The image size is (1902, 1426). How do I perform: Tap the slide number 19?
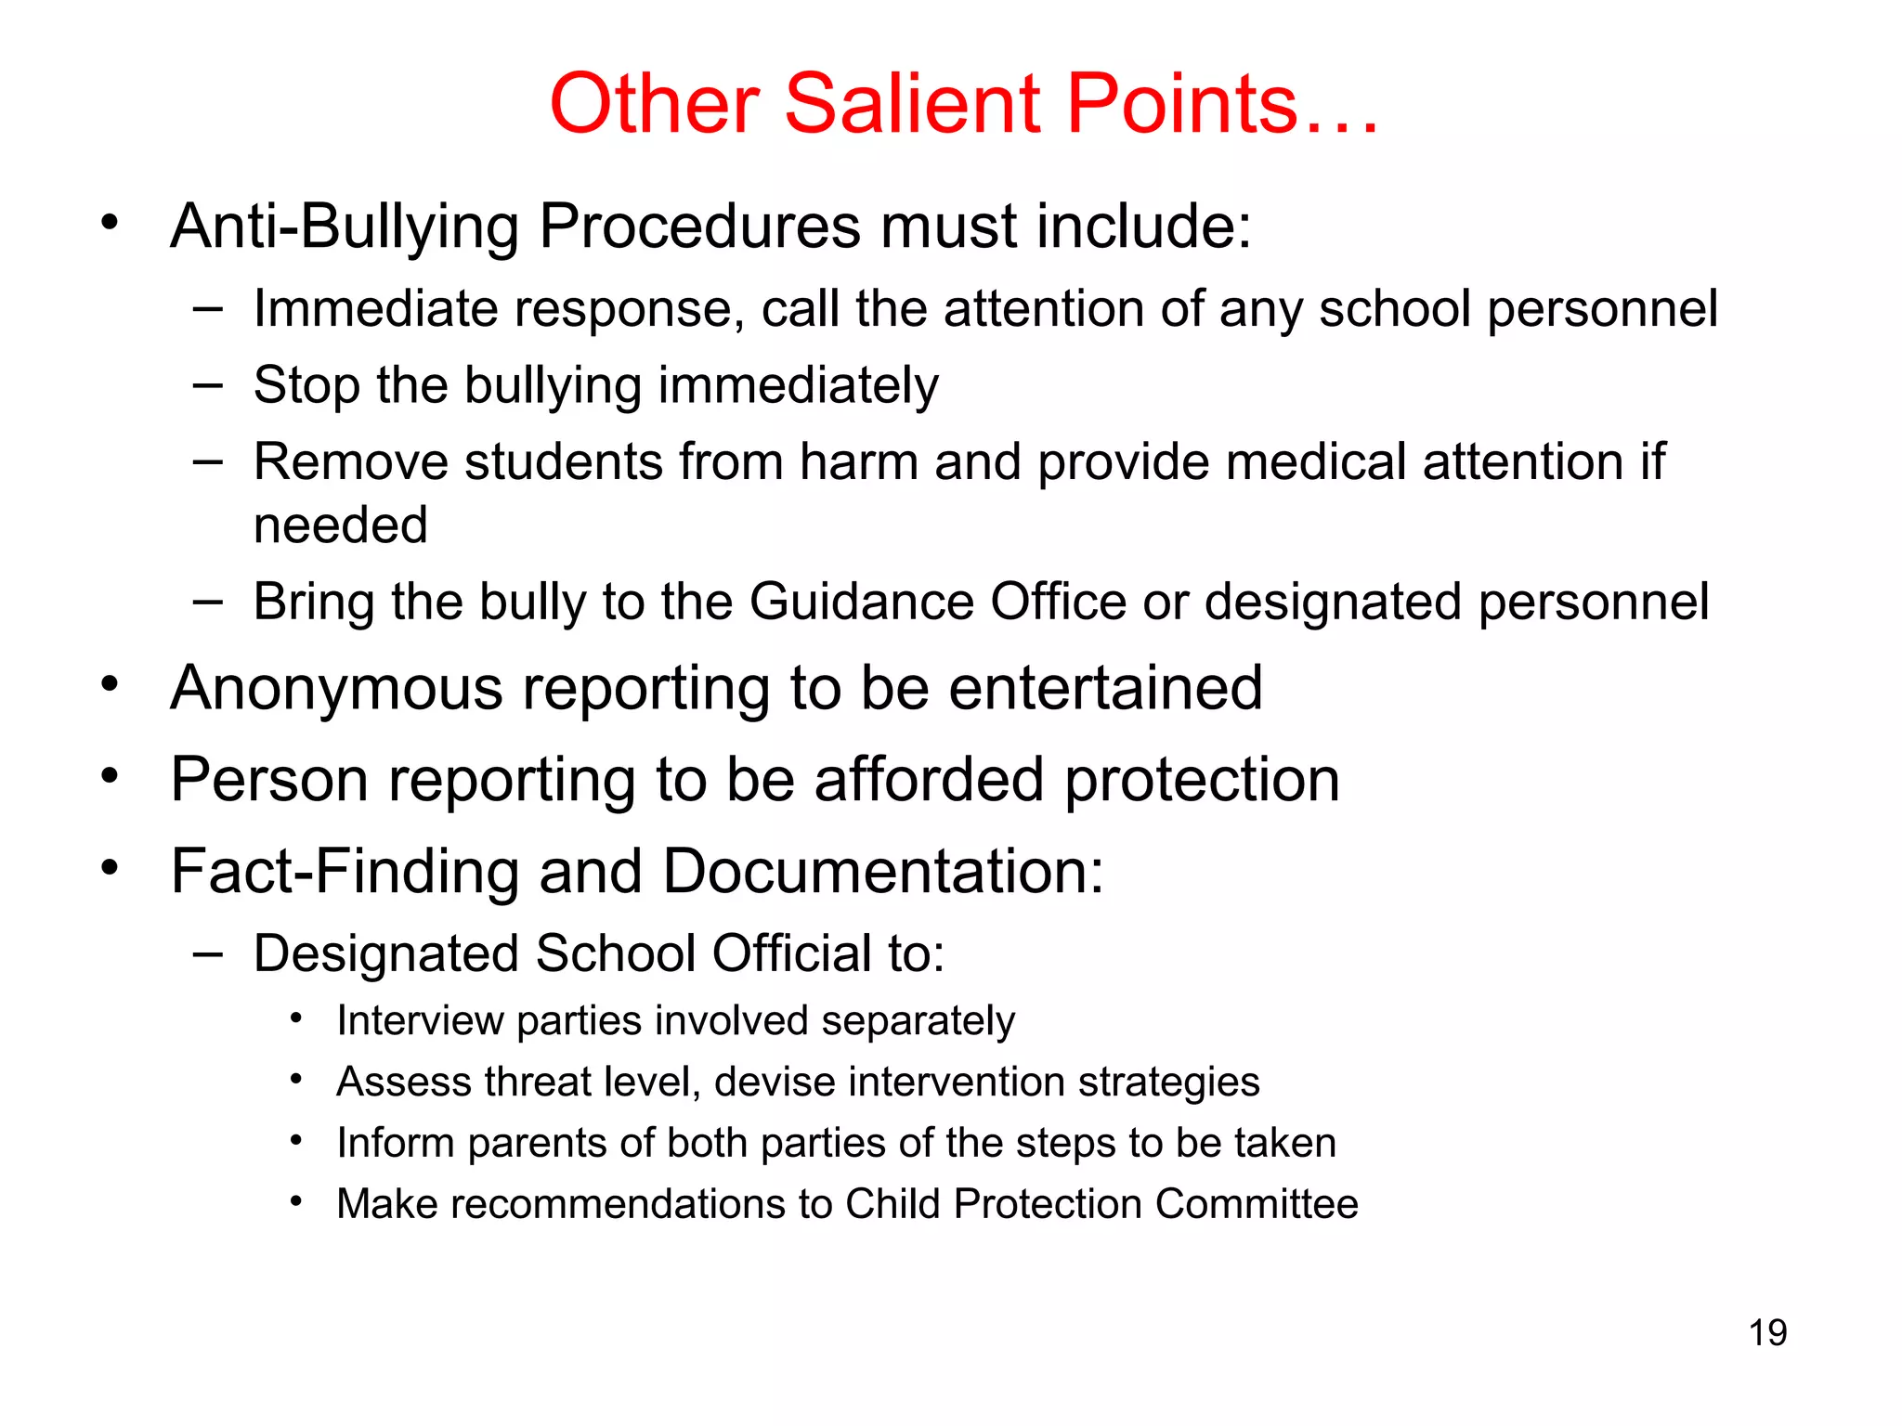click(x=1767, y=1333)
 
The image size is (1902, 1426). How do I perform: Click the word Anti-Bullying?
click(x=345, y=227)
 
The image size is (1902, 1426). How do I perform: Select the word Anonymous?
click(x=337, y=689)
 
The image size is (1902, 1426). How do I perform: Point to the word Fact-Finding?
click(x=345, y=872)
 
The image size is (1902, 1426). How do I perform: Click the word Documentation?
click(x=882, y=872)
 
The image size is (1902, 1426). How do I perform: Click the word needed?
click(x=341, y=525)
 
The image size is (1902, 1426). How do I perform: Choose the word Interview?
click(x=419, y=1021)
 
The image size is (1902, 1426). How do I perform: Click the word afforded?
click(x=929, y=780)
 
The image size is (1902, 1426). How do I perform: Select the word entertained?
click(x=1105, y=689)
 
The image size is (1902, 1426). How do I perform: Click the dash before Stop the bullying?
click(x=208, y=384)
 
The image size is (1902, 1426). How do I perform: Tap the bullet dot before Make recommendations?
click(x=296, y=1201)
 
